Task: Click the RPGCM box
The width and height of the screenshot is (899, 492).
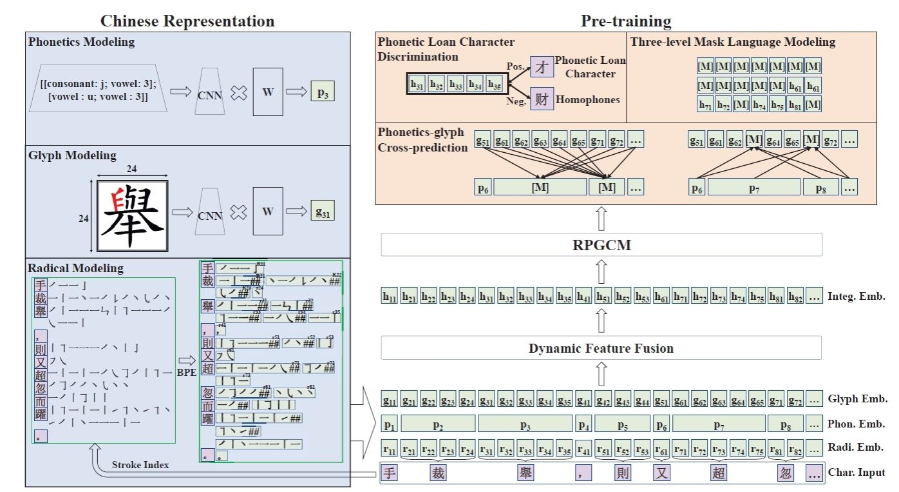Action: click(601, 244)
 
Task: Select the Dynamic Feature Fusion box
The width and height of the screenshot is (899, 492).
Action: click(601, 348)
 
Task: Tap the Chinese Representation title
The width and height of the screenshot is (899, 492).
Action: click(187, 21)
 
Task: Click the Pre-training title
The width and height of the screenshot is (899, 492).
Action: click(626, 21)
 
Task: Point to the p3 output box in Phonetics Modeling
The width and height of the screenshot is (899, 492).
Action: click(322, 92)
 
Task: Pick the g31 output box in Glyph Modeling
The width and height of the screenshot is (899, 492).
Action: click(322, 211)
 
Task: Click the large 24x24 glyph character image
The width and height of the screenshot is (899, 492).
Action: click(132, 216)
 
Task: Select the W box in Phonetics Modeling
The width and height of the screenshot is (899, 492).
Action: click(268, 92)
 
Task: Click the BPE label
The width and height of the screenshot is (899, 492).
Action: click(187, 373)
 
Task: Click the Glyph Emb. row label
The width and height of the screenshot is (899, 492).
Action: click(857, 399)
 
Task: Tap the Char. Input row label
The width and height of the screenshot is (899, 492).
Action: click(857, 473)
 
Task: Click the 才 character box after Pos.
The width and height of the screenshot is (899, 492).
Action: click(542, 66)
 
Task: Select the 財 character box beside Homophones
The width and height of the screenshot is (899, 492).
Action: click(542, 99)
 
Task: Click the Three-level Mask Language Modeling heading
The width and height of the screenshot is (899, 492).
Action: click(733, 43)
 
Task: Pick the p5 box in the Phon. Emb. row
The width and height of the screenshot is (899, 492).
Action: click(623, 424)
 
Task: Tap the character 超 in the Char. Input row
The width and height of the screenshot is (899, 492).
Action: click(719, 473)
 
